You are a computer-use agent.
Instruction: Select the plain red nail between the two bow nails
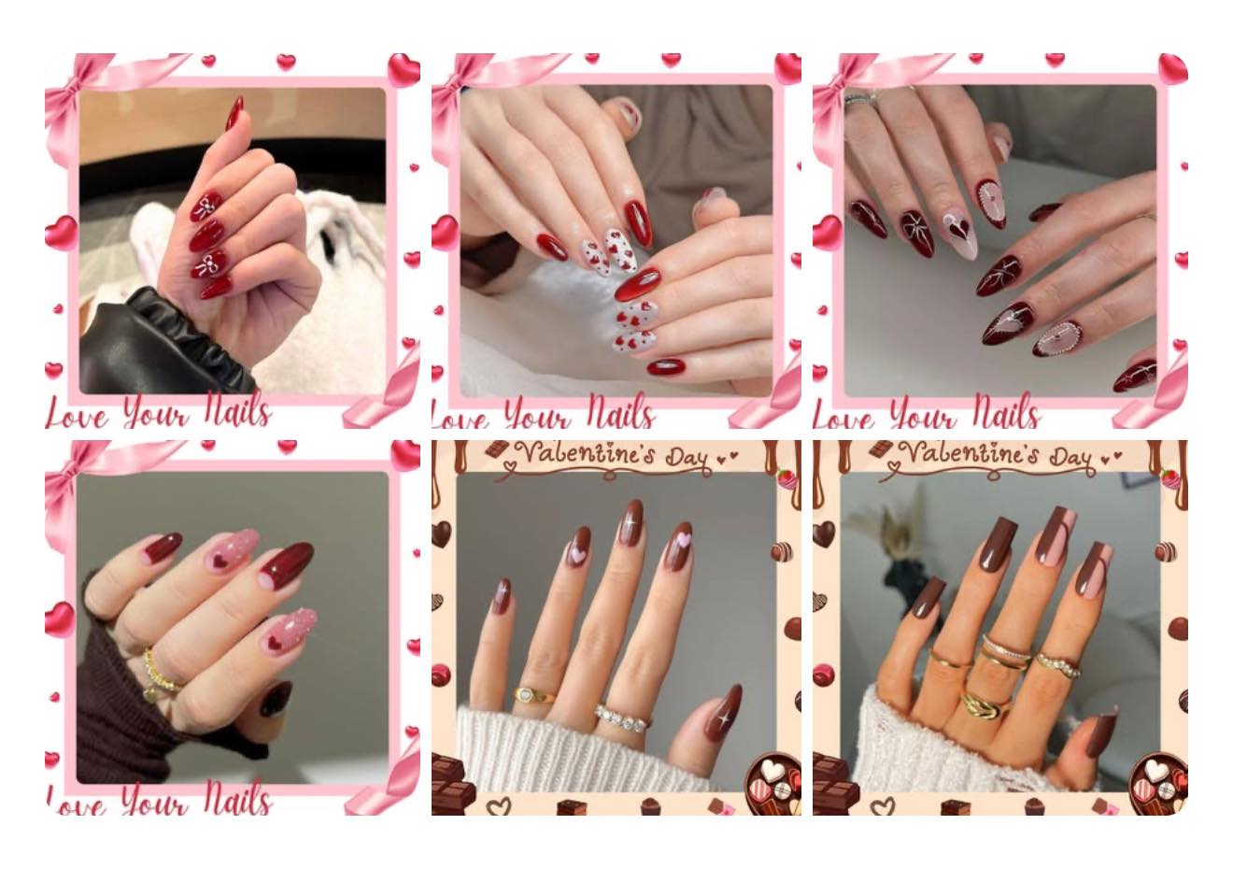pos(206,235)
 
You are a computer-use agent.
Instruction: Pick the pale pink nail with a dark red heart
pos(961,235)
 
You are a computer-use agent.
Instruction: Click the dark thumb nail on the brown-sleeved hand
pos(276,698)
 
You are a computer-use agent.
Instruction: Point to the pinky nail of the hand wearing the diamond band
pos(501,596)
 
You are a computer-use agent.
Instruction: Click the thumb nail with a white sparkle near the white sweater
pos(723,713)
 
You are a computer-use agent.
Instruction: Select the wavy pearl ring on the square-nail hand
pos(1058,664)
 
